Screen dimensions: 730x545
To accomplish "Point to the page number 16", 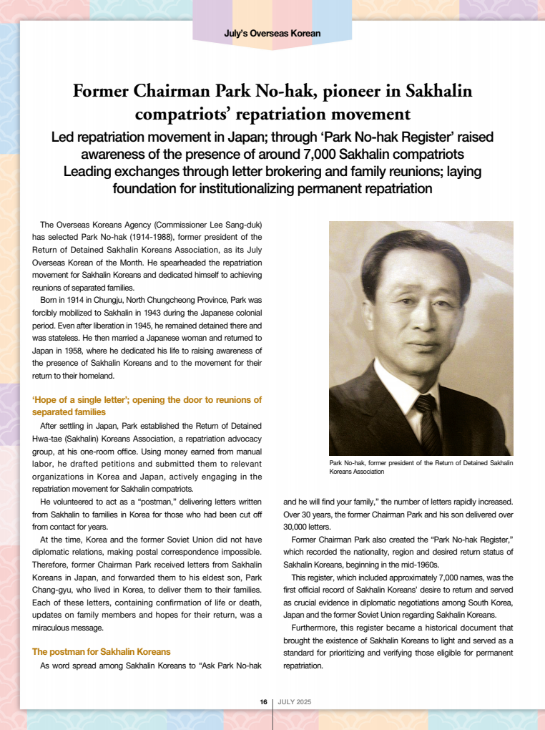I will click(x=263, y=702).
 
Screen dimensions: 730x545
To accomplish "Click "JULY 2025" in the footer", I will click(x=295, y=702).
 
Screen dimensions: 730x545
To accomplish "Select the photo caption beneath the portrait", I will click(x=421, y=467).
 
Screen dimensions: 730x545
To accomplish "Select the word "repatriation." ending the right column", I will click(x=303, y=665).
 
